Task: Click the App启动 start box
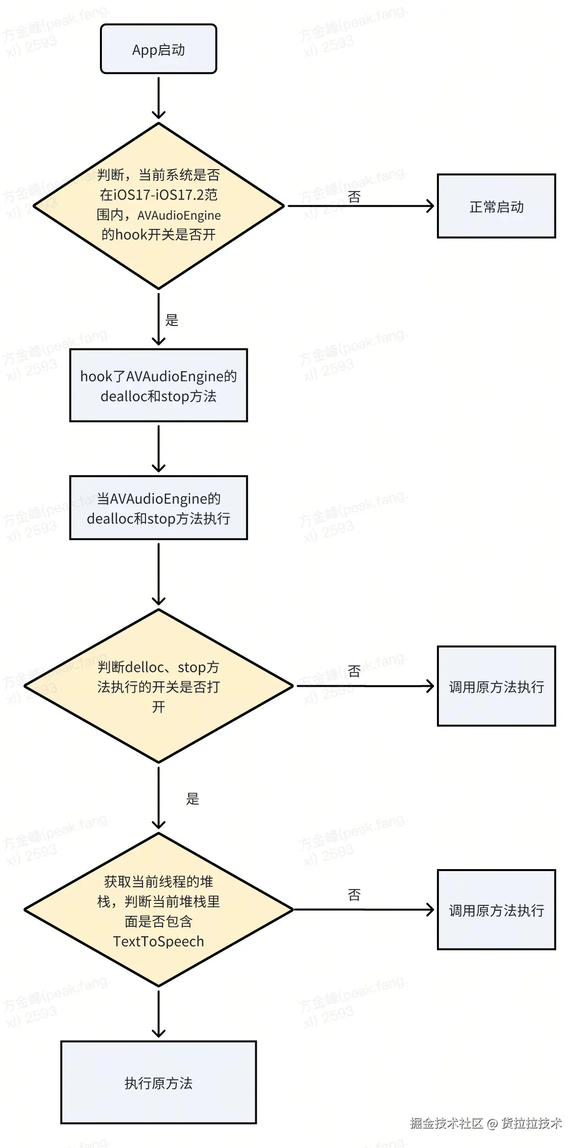(x=158, y=49)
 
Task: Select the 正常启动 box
(x=496, y=206)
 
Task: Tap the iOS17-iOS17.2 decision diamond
(x=158, y=206)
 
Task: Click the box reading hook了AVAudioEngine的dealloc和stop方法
(x=158, y=385)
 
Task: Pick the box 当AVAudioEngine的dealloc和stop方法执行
(x=158, y=508)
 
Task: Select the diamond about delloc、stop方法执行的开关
(x=158, y=686)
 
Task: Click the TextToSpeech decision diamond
(x=158, y=910)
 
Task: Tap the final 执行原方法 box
(x=158, y=1082)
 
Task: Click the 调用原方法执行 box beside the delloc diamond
(x=496, y=686)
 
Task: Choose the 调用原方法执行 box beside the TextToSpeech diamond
(x=496, y=910)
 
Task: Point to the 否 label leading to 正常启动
(x=354, y=197)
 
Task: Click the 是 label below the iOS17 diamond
(x=172, y=320)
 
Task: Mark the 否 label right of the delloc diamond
(x=354, y=671)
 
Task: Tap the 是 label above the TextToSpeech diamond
(x=193, y=799)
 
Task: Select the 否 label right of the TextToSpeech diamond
(x=354, y=895)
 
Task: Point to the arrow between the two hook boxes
(x=158, y=448)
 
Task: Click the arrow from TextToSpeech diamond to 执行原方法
(x=158, y=1013)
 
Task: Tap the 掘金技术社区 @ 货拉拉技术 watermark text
(x=485, y=1123)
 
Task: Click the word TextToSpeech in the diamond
(x=158, y=942)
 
